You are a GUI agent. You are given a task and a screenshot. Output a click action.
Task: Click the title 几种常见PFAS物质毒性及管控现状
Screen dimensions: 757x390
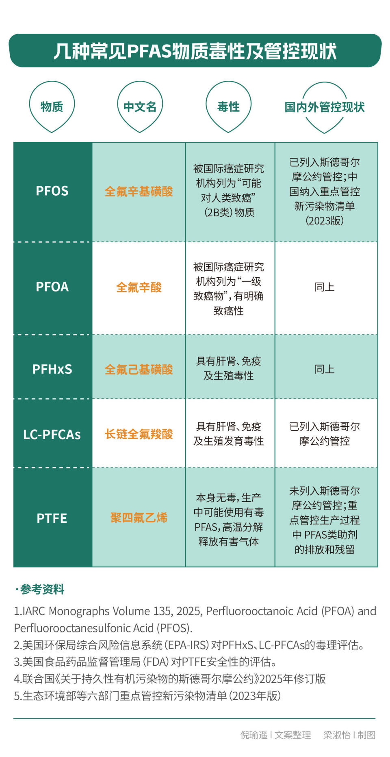(195, 51)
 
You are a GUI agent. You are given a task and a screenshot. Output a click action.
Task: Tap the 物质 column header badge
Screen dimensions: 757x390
(52, 107)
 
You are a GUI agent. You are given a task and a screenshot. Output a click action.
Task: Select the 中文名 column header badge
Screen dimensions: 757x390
(140, 107)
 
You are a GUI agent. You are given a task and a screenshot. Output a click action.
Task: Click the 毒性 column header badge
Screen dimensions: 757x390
(228, 107)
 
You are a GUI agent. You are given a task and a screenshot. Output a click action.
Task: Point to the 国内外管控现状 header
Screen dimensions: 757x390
(324, 107)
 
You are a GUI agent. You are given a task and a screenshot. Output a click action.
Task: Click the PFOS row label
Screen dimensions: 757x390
(52, 191)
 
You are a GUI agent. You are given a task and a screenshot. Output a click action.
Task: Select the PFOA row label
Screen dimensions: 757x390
(52, 287)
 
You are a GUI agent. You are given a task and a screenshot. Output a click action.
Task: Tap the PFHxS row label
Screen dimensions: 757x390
(52, 369)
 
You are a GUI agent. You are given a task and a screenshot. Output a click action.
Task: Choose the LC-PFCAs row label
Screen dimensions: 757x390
(52, 434)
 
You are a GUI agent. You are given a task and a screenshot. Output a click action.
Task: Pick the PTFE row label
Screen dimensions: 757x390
(52, 518)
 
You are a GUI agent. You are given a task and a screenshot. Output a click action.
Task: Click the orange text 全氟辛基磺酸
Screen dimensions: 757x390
(139, 191)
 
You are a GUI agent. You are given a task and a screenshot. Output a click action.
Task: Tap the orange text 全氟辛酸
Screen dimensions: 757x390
(139, 287)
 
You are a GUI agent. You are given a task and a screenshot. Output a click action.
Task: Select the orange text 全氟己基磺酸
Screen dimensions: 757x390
(139, 369)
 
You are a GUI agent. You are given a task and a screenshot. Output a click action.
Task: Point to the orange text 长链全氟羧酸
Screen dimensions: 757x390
(139, 434)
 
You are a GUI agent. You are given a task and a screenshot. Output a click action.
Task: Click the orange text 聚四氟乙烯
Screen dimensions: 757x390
(139, 518)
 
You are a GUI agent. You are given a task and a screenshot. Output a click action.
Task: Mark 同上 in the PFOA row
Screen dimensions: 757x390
(324, 287)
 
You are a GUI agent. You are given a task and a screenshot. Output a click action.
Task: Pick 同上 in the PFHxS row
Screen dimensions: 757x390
(324, 369)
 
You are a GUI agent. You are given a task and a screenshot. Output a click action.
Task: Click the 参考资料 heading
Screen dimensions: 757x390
(42, 589)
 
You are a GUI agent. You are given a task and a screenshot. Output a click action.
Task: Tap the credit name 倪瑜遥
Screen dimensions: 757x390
(253, 735)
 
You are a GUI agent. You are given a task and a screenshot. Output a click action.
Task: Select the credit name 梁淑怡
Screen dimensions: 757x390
(336, 735)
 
